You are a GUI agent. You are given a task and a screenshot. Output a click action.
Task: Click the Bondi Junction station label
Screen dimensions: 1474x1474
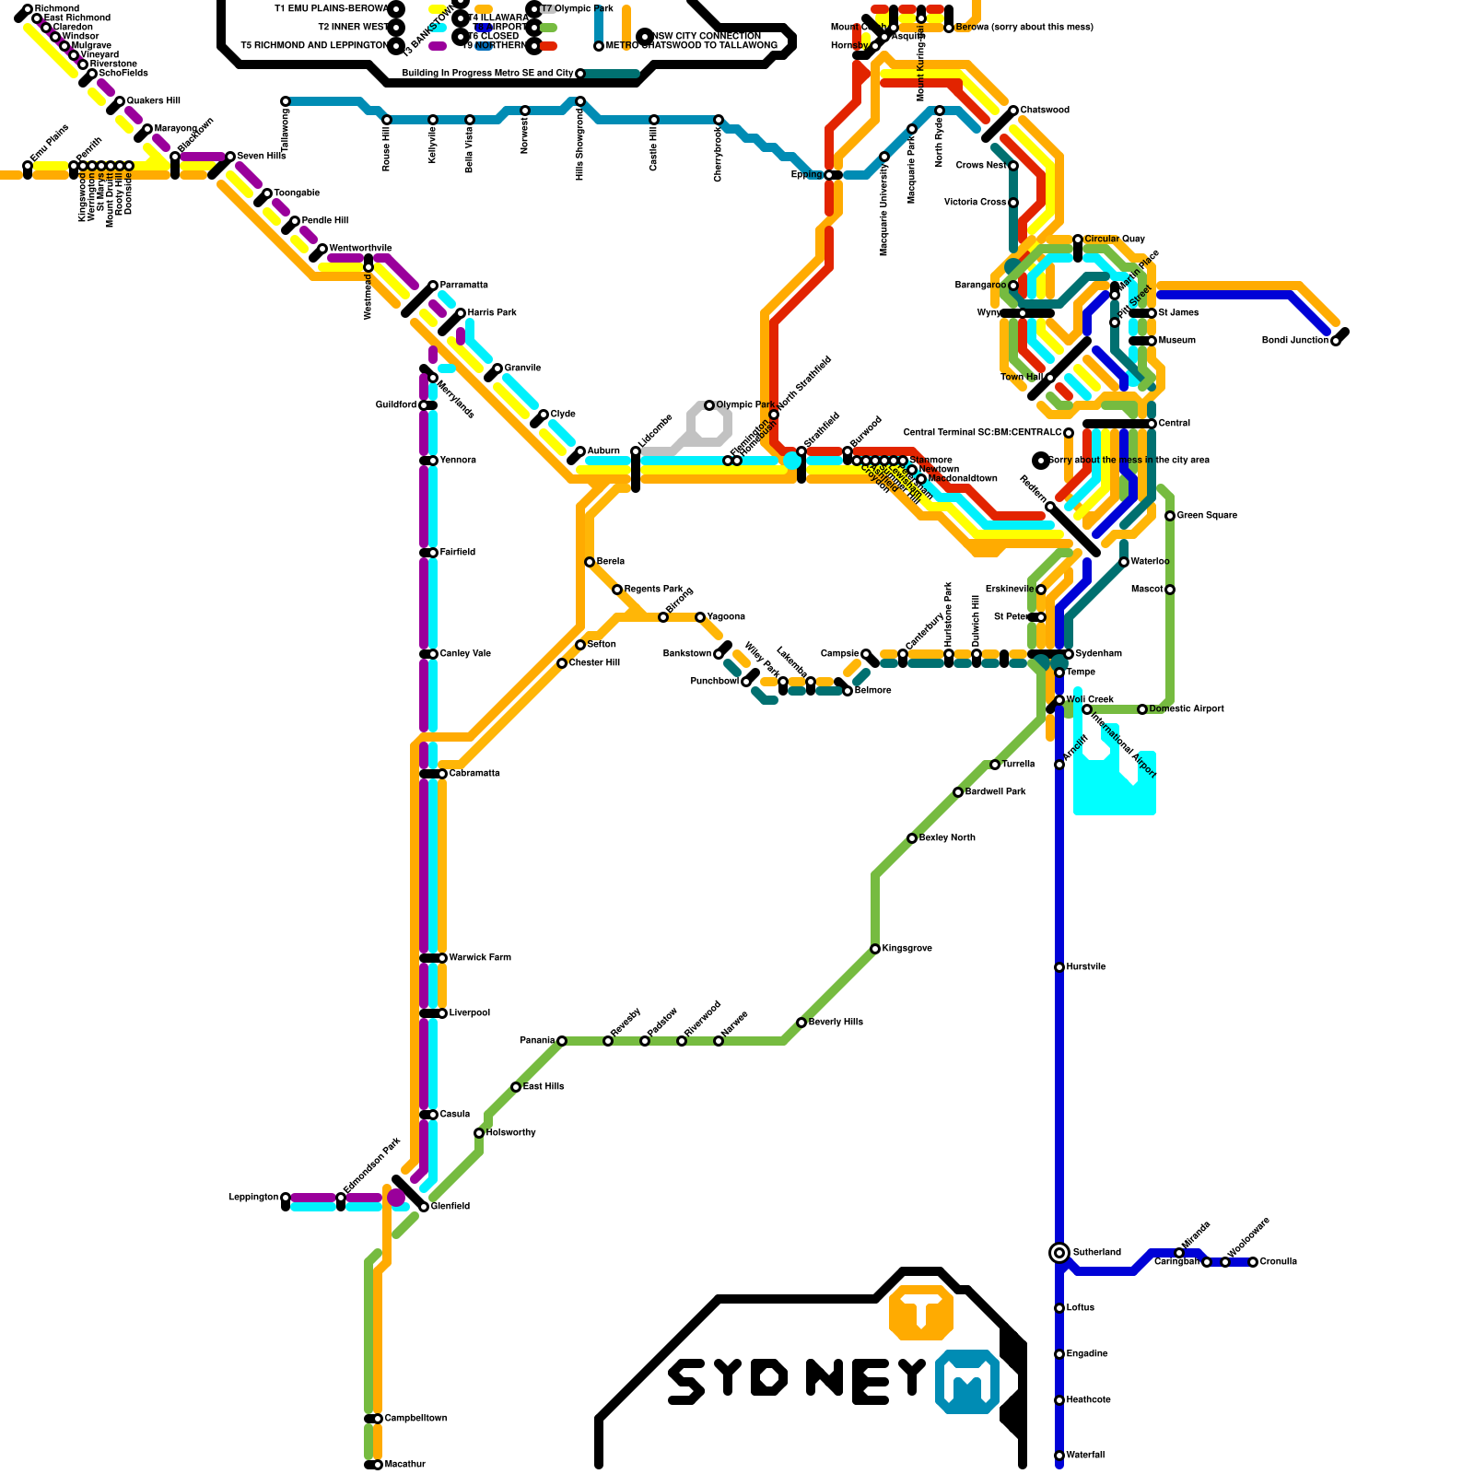click(x=1294, y=341)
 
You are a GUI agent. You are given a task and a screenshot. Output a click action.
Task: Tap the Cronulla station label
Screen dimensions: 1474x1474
click(x=1278, y=1262)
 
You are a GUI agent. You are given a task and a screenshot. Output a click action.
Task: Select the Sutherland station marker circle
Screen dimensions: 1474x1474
click(x=1059, y=1253)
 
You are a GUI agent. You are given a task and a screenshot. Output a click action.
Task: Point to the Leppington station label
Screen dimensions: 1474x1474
click(x=253, y=1198)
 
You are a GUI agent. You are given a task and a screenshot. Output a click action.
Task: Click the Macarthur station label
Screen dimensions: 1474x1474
click(x=404, y=1465)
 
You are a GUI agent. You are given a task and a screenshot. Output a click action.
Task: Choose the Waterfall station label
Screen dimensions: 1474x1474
click(x=1085, y=1456)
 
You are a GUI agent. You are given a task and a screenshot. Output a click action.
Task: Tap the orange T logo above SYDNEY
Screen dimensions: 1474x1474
click(x=921, y=1312)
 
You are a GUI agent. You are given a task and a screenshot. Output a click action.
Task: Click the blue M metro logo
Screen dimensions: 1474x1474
click(x=967, y=1381)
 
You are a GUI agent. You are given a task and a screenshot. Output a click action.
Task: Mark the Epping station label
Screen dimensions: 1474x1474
click(x=806, y=175)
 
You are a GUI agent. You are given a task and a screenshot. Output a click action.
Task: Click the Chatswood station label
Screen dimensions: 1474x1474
click(x=1045, y=111)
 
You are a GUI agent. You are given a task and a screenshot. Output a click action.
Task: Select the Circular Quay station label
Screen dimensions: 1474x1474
click(x=1115, y=240)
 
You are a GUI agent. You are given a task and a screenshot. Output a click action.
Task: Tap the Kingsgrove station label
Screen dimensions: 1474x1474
click(x=907, y=949)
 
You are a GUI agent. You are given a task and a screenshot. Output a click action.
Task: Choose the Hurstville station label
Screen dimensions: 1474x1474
click(x=1086, y=967)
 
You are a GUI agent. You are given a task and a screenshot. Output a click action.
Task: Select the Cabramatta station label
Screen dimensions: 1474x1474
click(x=474, y=774)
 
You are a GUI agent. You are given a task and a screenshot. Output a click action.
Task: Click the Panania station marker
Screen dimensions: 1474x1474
click(x=562, y=1041)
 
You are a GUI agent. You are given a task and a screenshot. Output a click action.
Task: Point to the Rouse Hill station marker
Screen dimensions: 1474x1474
click(x=387, y=120)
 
